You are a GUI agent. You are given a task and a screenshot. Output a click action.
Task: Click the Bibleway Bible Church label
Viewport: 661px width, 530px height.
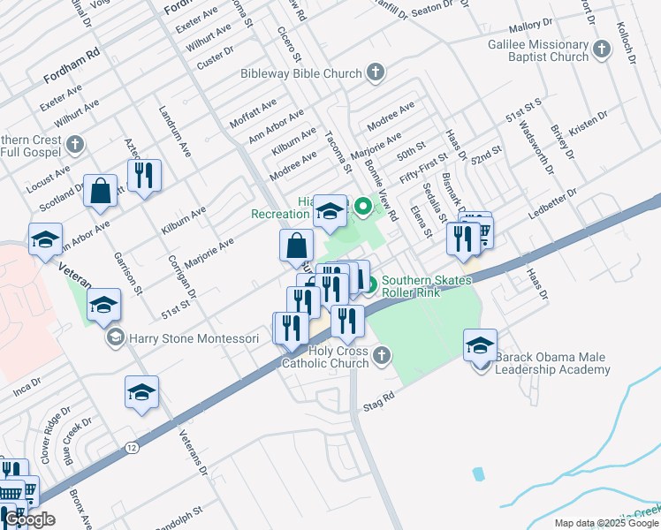coord(301,74)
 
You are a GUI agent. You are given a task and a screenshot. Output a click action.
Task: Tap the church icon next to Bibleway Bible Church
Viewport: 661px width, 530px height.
coord(375,72)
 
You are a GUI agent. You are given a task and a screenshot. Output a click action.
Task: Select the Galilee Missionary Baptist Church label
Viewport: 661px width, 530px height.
coord(537,50)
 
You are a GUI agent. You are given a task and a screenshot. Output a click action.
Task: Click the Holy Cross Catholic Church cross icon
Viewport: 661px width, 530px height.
coord(381,355)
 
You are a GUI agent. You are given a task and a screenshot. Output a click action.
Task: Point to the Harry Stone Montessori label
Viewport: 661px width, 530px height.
coord(194,337)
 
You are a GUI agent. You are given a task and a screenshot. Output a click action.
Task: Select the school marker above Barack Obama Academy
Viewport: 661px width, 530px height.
coord(480,344)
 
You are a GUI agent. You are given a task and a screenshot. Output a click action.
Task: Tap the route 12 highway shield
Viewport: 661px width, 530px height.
coord(132,448)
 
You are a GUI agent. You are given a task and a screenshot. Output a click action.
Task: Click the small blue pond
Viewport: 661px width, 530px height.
coord(478,474)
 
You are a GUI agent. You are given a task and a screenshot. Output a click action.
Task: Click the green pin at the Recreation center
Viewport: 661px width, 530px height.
coord(361,208)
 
